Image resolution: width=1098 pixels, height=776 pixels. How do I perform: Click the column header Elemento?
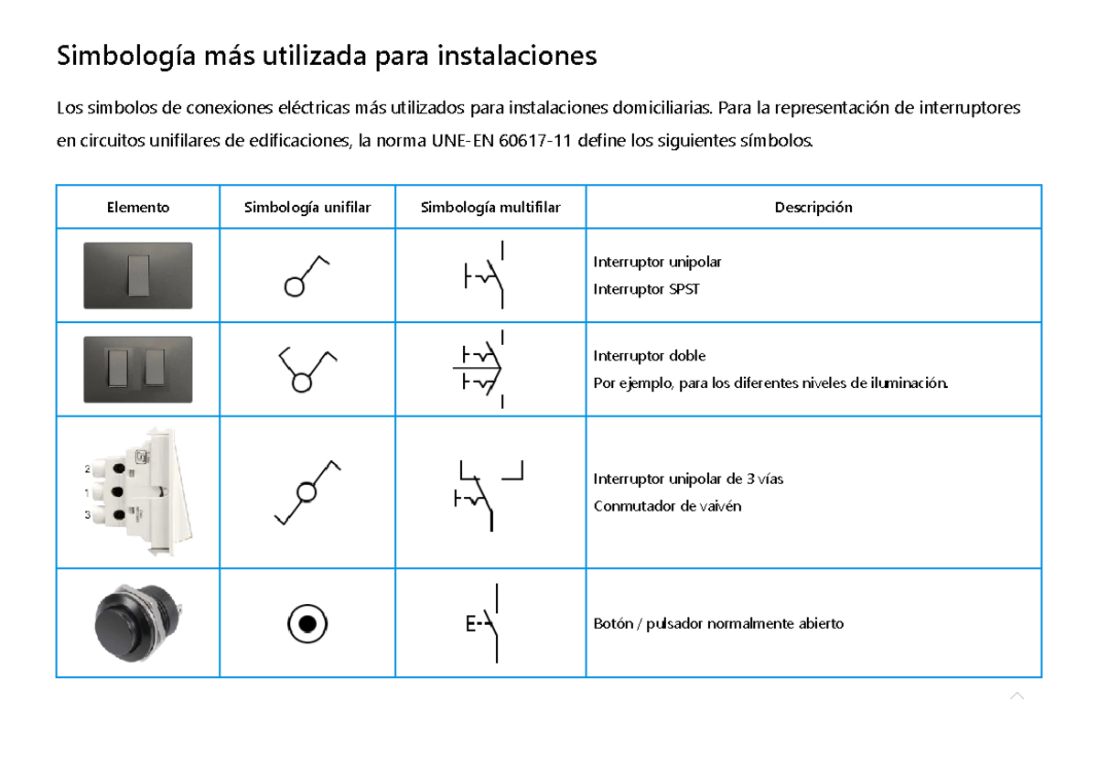pyautogui.click(x=137, y=208)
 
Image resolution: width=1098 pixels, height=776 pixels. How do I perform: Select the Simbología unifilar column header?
pyautogui.click(x=307, y=208)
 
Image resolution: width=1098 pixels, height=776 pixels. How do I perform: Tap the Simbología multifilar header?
pyautogui.click(x=490, y=208)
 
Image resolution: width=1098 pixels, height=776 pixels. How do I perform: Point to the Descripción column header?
pyautogui.click(x=813, y=208)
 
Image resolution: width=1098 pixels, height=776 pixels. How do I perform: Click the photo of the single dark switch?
pyautogui.click(x=137, y=275)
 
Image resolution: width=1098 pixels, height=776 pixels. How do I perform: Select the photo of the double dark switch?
pyautogui.click(x=137, y=369)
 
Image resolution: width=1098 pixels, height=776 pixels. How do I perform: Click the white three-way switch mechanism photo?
pyautogui.click(x=137, y=492)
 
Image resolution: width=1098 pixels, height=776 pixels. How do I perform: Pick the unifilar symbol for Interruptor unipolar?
pyautogui.click(x=306, y=275)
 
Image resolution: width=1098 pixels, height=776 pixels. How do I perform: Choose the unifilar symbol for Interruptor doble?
pyautogui.click(x=306, y=369)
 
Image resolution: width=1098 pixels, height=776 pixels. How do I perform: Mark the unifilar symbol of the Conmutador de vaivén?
pyautogui.click(x=307, y=492)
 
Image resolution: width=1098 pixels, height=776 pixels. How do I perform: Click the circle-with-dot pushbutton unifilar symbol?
pyautogui.click(x=307, y=624)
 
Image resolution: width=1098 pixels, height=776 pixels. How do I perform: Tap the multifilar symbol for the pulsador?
pyautogui.click(x=485, y=623)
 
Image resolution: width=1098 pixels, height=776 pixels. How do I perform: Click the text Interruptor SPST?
pyautogui.click(x=646, y=289)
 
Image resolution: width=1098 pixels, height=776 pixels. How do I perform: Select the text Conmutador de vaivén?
pyautogui.click(x=654, y=506)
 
